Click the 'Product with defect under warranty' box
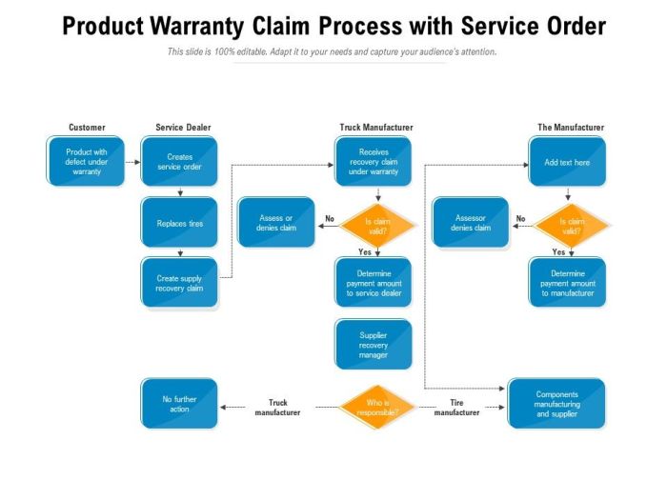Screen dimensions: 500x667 pos(86,161)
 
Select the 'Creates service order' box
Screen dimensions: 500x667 pos(179,161)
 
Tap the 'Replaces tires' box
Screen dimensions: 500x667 pos(179,223)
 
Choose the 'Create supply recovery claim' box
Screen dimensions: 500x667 pos(179,283)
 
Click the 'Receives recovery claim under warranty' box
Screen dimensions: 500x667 pos(373,161)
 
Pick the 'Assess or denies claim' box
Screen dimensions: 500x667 pos(276,223)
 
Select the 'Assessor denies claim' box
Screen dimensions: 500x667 pos(470,223)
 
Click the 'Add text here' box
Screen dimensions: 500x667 pos(567,161)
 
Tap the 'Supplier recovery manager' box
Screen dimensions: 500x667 pos(373,344)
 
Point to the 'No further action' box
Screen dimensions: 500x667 pos(179,404)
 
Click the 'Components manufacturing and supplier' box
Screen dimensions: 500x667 pos(556,404)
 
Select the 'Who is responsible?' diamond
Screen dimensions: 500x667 pos(377,407)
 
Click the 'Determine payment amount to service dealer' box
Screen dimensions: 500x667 pos(373,283)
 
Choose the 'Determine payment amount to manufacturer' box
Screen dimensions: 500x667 pos(567,283)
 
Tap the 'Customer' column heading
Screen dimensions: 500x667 pos(87,127)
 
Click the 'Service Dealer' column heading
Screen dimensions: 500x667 pos(183,127)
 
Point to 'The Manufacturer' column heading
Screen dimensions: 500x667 pos(571,127)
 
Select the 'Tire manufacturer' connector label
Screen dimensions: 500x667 pos(456,407)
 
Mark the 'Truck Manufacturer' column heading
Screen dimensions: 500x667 pos(376,127)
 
